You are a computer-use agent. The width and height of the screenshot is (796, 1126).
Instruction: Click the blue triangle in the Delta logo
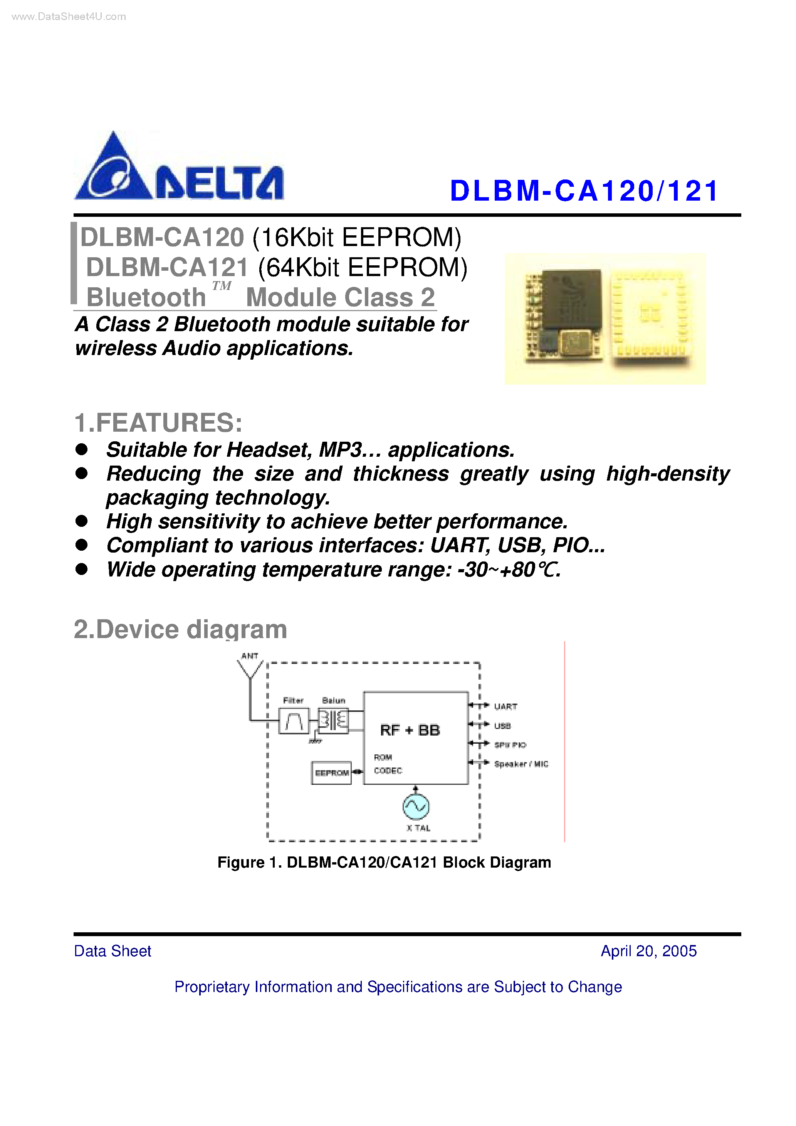[114, 169]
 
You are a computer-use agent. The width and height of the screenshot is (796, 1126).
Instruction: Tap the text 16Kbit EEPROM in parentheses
[357, 238]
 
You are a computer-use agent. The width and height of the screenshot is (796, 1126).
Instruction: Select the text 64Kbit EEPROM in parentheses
[363, 268]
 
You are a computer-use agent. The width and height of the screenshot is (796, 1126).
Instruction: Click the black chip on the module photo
[572, 300]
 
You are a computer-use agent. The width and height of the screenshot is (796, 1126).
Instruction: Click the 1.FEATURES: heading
[158, 423]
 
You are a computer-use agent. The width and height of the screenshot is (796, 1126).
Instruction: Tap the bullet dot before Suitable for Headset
[81, 449]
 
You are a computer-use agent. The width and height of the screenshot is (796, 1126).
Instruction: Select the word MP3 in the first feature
[341, 450]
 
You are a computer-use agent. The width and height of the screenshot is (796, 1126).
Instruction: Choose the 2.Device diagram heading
[180, 629]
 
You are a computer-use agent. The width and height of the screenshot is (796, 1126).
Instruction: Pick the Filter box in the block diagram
[294, 721]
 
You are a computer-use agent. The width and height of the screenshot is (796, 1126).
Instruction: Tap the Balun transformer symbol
[333, 721]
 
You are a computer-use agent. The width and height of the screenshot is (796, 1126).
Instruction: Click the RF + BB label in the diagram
[410, 730]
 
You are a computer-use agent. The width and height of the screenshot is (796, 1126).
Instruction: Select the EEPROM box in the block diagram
[331, 773]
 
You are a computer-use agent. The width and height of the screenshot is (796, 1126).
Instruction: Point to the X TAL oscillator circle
[416, 807]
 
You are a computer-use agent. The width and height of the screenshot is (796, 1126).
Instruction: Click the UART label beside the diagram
[505, 707]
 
